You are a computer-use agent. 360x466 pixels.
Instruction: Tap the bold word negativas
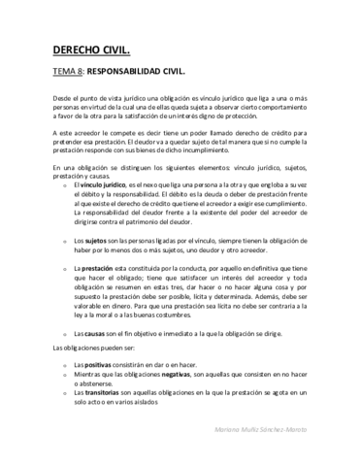click(176, 373)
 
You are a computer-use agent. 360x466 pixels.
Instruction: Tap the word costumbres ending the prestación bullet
click(196, 316)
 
